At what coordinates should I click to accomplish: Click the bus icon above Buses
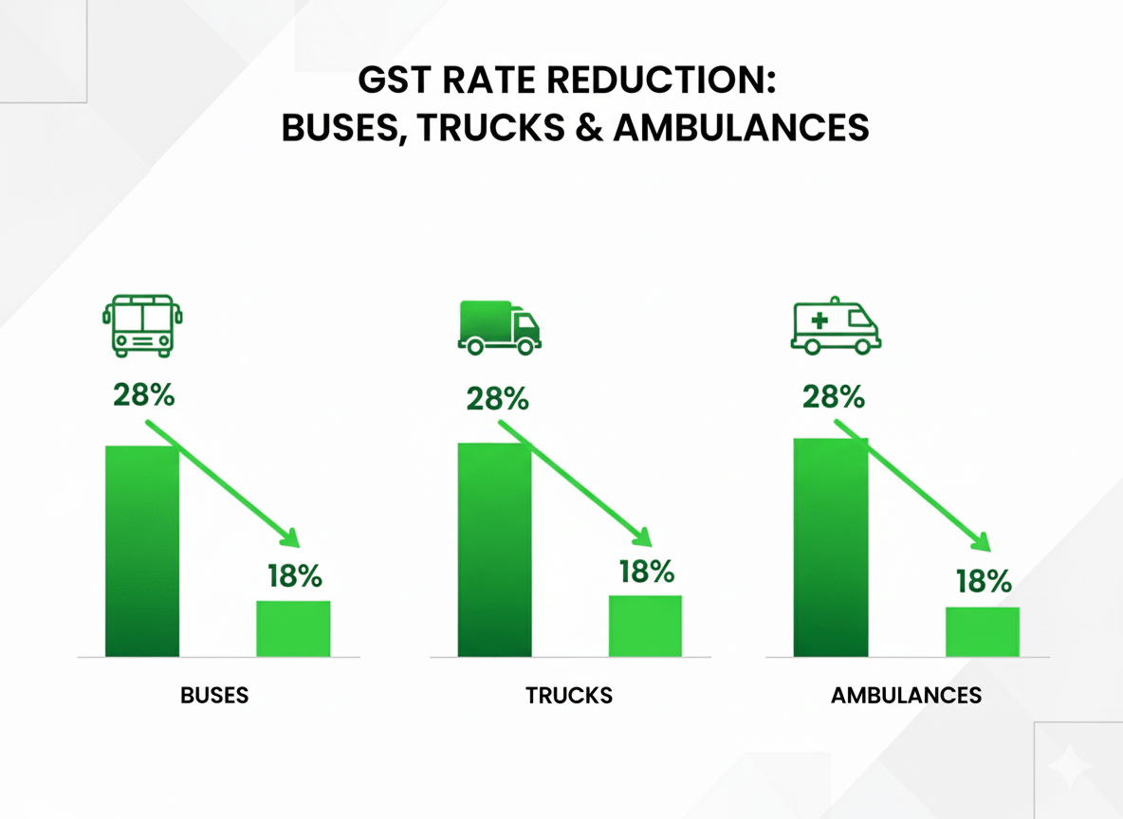142,325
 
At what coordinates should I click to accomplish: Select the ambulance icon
835,328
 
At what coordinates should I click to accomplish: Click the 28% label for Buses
143,394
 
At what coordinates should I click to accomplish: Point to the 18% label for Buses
294,575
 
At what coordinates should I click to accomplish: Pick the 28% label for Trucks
497,398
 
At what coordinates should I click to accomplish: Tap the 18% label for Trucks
646,572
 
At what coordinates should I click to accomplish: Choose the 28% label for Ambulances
833,395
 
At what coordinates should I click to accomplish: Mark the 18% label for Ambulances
984,581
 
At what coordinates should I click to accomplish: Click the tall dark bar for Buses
142,550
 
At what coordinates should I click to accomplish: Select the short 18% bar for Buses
294,628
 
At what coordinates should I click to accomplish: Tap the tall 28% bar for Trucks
494,550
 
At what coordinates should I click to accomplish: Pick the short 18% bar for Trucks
645,626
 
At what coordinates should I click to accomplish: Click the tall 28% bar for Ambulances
830,548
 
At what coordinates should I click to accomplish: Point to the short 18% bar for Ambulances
983,631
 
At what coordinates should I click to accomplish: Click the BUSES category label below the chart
214,695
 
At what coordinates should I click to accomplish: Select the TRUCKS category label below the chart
569,695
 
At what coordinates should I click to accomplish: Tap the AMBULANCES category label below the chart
906,695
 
